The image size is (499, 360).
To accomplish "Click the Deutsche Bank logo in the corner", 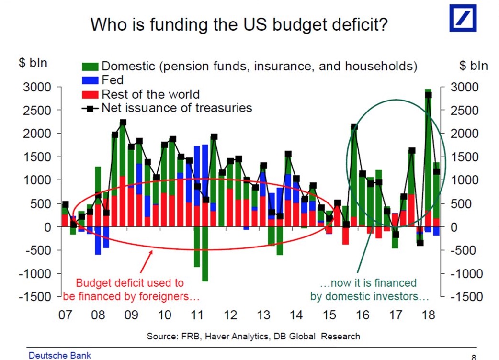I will point(463,18).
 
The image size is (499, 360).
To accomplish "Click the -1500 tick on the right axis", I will point(468,297).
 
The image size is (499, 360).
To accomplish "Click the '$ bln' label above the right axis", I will point(473,65).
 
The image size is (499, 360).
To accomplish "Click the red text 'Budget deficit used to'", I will point(130,283).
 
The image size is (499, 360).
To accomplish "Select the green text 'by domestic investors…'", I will point(369,297).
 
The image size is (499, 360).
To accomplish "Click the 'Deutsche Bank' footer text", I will point(60,355).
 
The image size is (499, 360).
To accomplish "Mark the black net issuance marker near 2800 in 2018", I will point(428,95).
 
